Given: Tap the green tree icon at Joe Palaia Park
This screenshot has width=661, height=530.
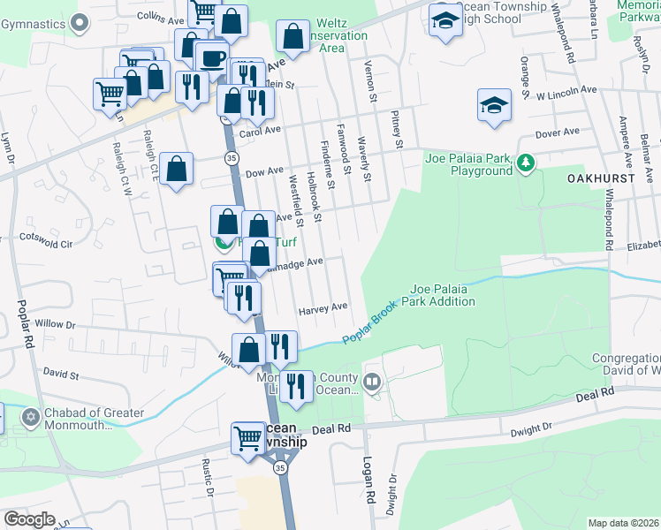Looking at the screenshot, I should coord(526,163).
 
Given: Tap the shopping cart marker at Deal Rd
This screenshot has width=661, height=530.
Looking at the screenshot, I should coord(249,438).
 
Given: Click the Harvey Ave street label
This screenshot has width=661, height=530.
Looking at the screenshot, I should coord(323,308).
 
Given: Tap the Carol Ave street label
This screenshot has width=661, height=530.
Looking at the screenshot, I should coord(260,129).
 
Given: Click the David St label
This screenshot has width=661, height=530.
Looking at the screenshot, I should coord(61,375).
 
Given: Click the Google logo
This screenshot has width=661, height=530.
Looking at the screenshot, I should coord(30,519).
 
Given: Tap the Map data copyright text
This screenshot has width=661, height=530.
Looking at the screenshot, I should coord(622,523).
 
